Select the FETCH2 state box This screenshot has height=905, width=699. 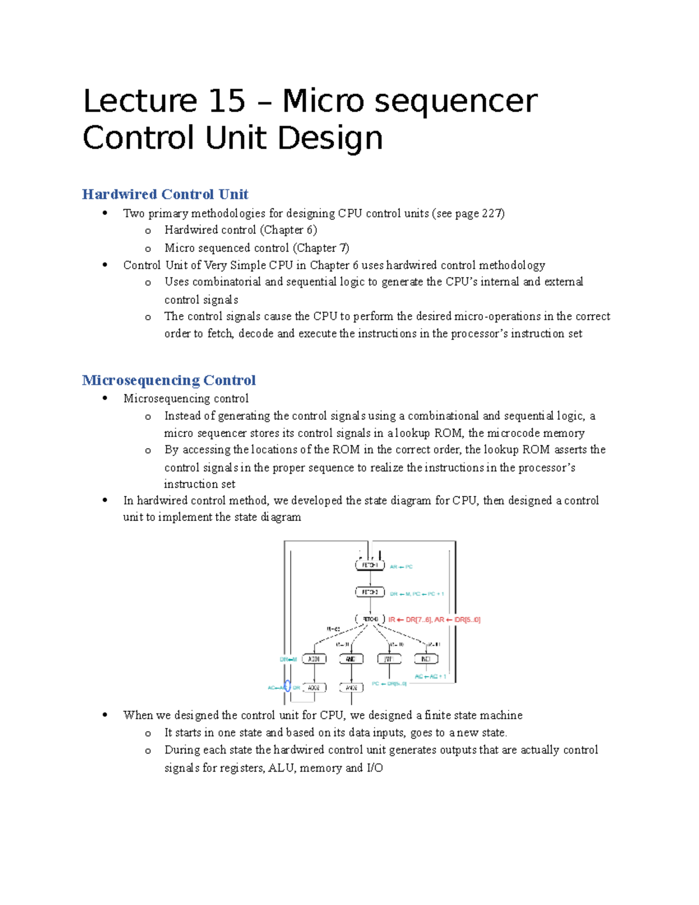370,592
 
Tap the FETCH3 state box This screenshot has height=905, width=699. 370,619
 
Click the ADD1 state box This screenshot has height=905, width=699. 314,659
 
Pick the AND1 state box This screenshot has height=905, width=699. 351,659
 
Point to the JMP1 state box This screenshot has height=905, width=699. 389,659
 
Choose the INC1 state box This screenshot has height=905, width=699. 426,659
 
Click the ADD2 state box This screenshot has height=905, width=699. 314,688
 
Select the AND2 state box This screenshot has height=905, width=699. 351,688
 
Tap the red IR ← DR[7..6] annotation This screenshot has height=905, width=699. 410,619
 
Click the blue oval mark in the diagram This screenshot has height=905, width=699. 287,687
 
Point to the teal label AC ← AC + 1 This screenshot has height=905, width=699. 430,677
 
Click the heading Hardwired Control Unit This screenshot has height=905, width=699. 165,194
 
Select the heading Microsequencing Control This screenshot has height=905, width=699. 169,380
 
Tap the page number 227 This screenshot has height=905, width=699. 492,213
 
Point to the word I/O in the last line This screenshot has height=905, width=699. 375,767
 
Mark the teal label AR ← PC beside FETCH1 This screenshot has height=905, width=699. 401,566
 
